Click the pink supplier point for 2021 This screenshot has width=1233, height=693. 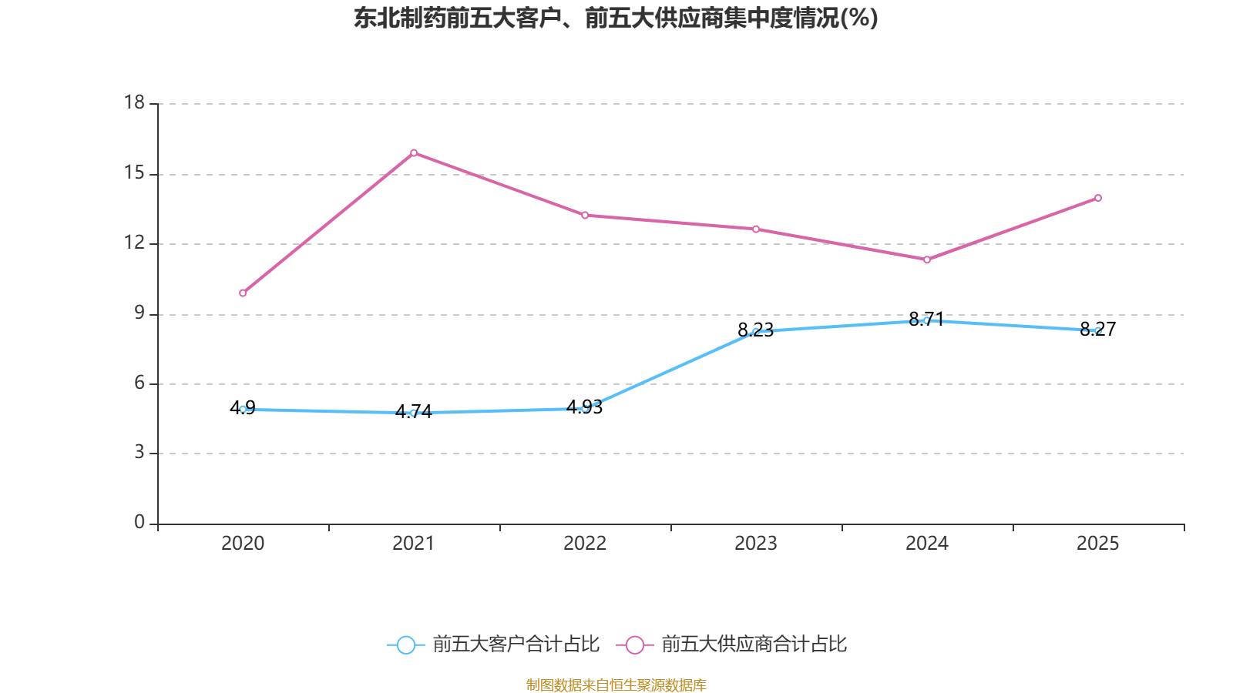click(x=414, y=152)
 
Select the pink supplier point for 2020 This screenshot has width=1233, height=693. click(x=243, y=293)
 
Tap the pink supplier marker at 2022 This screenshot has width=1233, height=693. click(x=585, y=215)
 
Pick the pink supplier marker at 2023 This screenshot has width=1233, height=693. click(x=756, y=229)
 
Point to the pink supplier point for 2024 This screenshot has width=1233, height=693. click(x=927, y=259)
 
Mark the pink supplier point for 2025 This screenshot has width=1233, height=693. click(x=1098, y=198)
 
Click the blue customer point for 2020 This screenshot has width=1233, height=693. click(x=243, y=410)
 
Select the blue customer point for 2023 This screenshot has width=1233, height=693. click(x=756, y=332)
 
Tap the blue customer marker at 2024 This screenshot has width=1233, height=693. click(x=927, y=320)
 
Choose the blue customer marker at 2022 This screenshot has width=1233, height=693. click(x=585, y=408)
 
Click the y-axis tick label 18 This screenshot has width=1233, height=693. click(x=134, y=102)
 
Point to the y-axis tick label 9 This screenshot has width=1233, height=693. click(x=139, y=313)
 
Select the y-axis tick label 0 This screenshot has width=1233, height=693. click(x=139, y=523)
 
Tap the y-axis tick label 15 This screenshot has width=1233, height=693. click(x=134, y=173)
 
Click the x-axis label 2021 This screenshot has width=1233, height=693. click(x=414, y=544)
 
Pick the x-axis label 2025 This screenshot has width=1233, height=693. click(x=1098, y=544)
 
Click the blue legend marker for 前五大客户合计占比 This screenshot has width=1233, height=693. click(x=405, y=644)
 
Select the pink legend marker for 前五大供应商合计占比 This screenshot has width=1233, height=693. click(x=634, y=644)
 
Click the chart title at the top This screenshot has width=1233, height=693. click(x=616, y=18)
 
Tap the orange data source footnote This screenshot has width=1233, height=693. click(x=616, y=685)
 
